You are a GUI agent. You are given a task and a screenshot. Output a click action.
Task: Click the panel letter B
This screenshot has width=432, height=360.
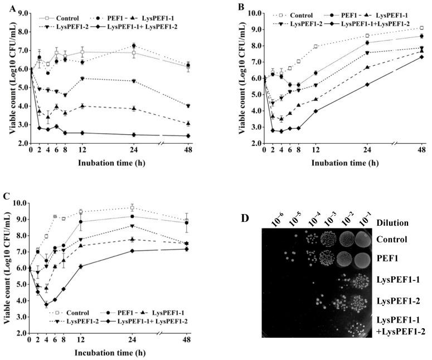pyautogui.click(x=225, y=6)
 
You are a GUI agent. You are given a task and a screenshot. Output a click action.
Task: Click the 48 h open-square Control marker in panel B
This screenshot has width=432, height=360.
pyautogui.click(x=421, y=28)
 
